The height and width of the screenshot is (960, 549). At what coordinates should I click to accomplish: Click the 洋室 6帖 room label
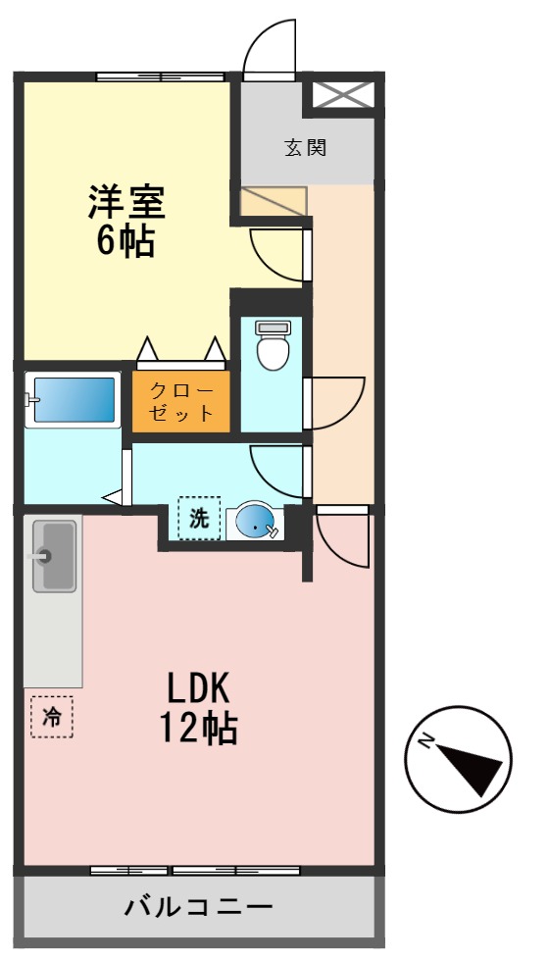(125, 220)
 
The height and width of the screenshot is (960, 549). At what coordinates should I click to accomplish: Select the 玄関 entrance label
(305, 148)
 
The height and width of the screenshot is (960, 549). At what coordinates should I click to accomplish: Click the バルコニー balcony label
(198, 906)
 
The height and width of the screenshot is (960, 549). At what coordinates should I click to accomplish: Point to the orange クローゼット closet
(181, 401)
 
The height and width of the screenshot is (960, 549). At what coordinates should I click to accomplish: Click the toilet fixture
(273, 345)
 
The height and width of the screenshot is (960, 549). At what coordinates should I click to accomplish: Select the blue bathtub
(74, 400)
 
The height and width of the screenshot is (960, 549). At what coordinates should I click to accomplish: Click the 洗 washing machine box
(199, 520)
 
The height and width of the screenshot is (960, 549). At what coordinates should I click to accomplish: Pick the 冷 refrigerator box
(52, 717)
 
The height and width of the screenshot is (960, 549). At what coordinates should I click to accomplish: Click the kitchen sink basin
(55, 556)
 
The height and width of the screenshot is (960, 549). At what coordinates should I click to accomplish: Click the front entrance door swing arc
(269, 49)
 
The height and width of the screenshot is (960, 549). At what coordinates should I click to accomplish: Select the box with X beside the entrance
(343, 95)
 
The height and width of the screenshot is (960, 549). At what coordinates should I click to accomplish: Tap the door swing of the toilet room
(333, 403)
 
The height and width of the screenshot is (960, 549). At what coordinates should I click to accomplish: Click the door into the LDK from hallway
(341, 537)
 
